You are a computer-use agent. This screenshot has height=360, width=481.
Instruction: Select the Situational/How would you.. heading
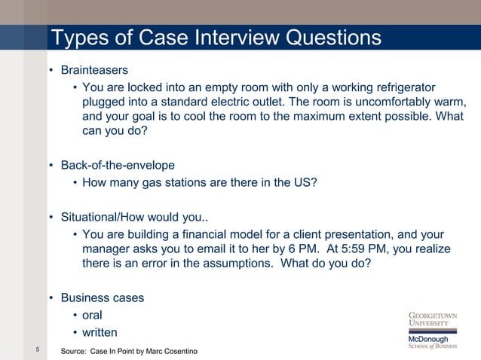point(129,218)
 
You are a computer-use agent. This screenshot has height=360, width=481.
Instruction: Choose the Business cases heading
point(102,297)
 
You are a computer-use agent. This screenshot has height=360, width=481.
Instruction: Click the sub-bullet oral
point(92,315)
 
